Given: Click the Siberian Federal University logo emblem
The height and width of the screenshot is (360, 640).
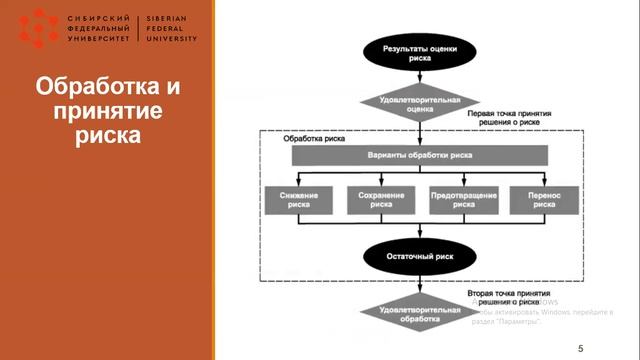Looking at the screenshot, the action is (38, 28).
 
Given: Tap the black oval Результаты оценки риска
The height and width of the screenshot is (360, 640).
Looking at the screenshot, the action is (420, 52).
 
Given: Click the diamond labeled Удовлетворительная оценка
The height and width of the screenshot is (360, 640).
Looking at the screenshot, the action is (420, 105).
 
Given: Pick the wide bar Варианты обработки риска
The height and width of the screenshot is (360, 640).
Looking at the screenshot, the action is (420, 156).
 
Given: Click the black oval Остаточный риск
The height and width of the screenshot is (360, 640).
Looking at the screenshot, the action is (420, 257).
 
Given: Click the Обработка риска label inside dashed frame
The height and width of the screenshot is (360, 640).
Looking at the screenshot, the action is (314, 139).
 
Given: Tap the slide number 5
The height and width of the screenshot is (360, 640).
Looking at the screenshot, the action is (580, 347).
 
